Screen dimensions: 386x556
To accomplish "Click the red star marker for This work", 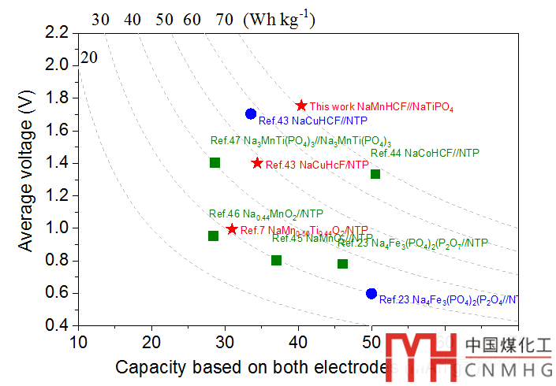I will [x=300, y=106].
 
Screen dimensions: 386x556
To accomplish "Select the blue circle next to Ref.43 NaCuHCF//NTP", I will [x=251, y=113].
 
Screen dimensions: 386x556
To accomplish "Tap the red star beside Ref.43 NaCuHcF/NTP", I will [x=257, y=163].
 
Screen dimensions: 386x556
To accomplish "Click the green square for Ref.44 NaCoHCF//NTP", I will [x=375, y=173].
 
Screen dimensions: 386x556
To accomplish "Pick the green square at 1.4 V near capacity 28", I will [x=215, y=162].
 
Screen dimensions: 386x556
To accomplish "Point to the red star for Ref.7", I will [x=232, y=229].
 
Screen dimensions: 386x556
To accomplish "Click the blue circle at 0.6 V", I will [x=371, y=293].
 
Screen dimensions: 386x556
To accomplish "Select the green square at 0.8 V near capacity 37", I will [x=276, y=260].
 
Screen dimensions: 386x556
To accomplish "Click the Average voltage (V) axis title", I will [x=26, y=179].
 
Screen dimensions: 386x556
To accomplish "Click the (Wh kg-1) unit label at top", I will [x=280, y=19].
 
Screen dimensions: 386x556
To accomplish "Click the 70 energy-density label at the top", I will [x=224, y=19].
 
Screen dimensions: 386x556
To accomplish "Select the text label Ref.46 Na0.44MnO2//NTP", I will [x=266, y=213].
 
